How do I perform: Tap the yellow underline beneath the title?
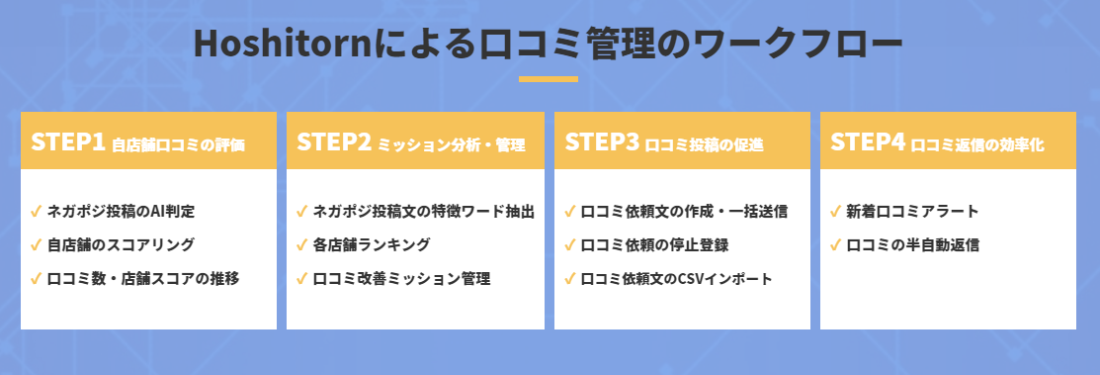click(x=549, y=79)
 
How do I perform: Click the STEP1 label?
click(x=67, y=141)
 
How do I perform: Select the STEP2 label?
click(x=333, y=141)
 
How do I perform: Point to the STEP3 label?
click(x=601, y=141)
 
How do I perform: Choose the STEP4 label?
click(x=867, y=141)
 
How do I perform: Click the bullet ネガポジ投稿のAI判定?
click(x=120, y=211)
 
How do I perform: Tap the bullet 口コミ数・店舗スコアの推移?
click(x=143, y=279)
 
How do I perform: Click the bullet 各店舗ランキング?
click(x=371, y=245)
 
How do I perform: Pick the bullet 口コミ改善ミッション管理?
click(x=401, y=279)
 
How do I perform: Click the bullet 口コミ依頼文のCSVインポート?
click(x=676, y=279)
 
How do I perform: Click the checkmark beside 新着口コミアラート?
click(x=835, y=211)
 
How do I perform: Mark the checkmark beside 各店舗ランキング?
click(x=301, y=245)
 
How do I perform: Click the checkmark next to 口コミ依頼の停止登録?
click(x=570, y=245)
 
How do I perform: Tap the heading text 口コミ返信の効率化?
click(x=977, y=145)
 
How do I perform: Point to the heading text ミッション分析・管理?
click(x=451, y=145)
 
